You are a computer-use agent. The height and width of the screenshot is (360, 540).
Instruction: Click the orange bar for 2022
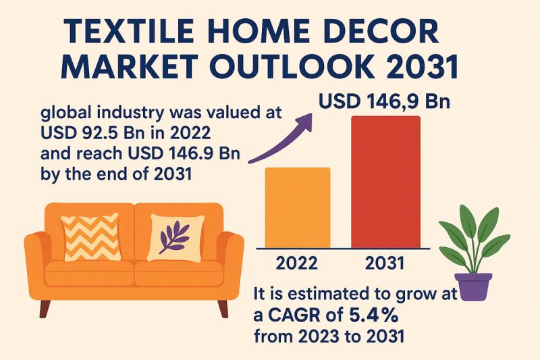[298, 208]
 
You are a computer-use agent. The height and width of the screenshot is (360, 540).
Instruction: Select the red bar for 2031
[385, 182]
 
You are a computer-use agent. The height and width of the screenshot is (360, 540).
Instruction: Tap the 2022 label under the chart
[297, 263]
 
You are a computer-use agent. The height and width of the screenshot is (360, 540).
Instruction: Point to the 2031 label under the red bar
[385, 263]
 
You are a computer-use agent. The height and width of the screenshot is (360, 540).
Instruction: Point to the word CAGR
[305, 315]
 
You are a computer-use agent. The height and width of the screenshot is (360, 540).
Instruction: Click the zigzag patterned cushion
[91, 237]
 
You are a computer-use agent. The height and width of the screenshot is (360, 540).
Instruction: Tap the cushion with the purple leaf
[175, 237]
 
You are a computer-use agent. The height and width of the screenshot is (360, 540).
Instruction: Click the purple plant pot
[473, 286]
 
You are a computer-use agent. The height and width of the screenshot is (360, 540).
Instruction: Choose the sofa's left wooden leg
[45, 309]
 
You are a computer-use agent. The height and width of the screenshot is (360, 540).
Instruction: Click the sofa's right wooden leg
[223, 309]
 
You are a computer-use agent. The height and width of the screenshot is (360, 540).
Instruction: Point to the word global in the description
[63, 113]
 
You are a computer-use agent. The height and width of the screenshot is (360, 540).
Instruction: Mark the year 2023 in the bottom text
[318, 336]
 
